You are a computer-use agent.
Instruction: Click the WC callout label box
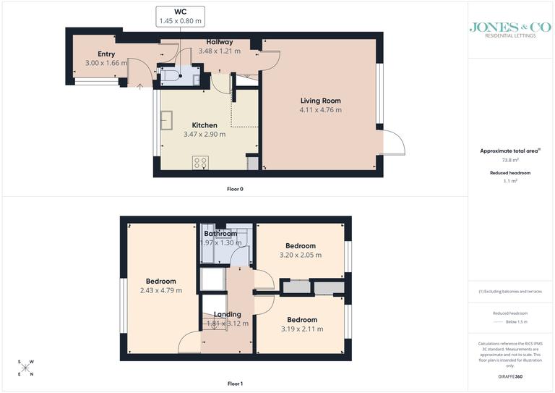tap(180, 17)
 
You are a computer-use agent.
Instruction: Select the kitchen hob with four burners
tap(200, 163)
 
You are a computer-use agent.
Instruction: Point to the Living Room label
tap(320, 101)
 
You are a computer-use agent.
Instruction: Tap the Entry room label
tap(106, 54)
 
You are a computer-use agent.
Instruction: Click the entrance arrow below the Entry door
tap(139, 88)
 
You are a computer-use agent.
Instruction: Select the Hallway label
tap(219, 42)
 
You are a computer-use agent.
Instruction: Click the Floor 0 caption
tap(236, 189)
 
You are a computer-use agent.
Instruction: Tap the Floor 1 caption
tap(236, 383)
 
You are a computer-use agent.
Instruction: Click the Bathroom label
tap(220, 234)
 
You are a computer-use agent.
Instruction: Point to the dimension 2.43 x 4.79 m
tap(160, 290)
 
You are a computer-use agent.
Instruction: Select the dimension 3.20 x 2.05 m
tap(300, 255)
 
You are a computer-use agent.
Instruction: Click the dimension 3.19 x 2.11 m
tap(301, 329)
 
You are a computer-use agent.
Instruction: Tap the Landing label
tap(227, 314)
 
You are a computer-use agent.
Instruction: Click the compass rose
tap(26, 368)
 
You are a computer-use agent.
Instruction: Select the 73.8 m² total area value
tap(510, 160)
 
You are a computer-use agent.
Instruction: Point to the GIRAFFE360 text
tap(510, 379)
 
